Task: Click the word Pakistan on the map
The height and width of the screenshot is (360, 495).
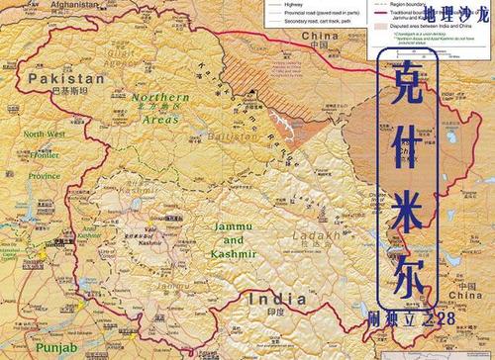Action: [66, 77]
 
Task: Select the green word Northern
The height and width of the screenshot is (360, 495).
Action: [157, 98]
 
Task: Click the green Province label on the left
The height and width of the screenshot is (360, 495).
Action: [43, 175]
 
